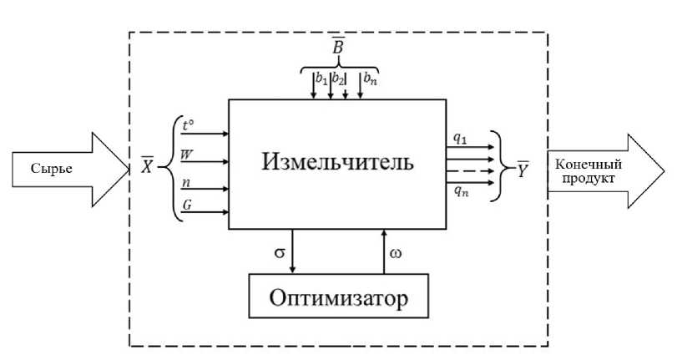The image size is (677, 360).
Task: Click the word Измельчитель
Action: [336, 160]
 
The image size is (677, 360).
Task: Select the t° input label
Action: [188, 126]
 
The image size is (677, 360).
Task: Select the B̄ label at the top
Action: [339, 48]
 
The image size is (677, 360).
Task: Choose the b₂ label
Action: [339, 79]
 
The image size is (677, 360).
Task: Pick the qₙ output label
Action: [461, 191]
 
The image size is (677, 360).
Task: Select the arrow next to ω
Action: [383, 251]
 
